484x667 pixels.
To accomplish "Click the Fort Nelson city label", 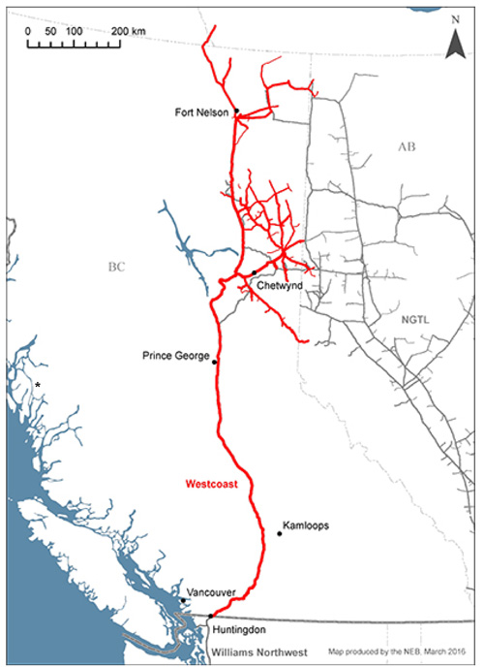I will click(201, 112).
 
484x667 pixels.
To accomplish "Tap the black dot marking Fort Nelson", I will click(236, 112).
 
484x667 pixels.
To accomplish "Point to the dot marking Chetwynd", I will click(254, 272).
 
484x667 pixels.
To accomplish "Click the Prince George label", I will click(175, 356).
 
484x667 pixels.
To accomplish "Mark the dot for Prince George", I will click(215, 362).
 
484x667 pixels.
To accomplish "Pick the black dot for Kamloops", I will click(279, 533).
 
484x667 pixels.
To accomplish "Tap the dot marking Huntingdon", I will click(211, 616).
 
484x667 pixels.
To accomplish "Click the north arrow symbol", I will click(453, 42).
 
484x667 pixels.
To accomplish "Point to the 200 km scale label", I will click(127, 32).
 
